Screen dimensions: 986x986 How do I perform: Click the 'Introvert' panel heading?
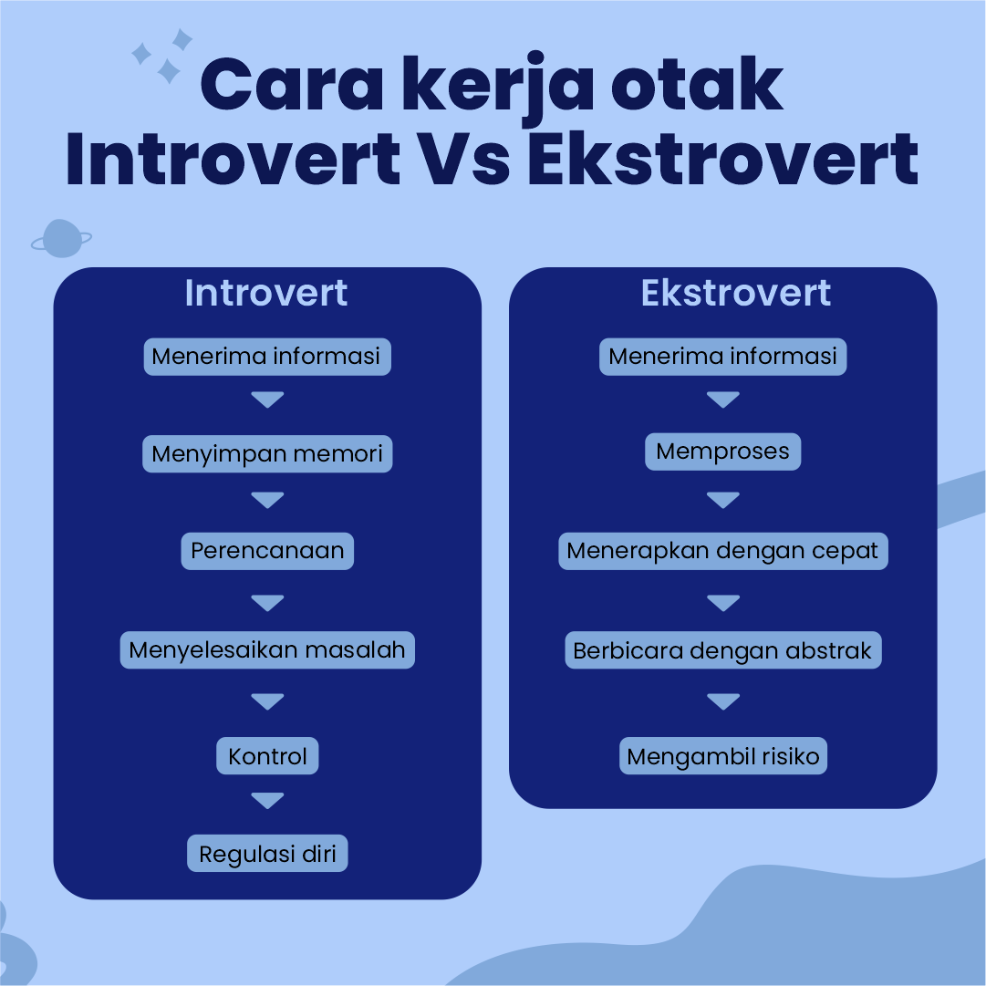pyautogui.click(x=266, y=293)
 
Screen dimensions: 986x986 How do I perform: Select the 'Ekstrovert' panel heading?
pyautogui.click(x=736, y=293)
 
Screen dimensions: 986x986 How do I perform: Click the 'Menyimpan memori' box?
pyautogui.click(x=267, y=453)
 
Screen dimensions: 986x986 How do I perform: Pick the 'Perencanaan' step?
pyautogui.click(x=267, y=551)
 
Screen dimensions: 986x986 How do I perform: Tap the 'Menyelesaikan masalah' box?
pyautogui.click(x=267, y=649)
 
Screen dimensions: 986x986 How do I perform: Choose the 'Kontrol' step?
pyautogui.click(x=267, y=756)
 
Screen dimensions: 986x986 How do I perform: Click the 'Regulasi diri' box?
pyautogui.click(x=267, y=854)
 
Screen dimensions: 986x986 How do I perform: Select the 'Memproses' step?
pyautogui.click(x=723, y=451)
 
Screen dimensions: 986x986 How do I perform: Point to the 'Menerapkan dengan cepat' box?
pyautogui.click(x=723, y=551)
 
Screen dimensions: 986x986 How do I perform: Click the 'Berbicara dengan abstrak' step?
pyautogui.click(x=723, y=649)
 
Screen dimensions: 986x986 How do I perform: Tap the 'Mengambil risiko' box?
pyautogui.click(x=723, y=756)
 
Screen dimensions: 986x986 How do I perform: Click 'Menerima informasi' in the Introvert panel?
pyautogui.click(x=267, y=357)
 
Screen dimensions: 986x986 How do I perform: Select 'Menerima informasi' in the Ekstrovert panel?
pyautogui.click(x=723, y=357)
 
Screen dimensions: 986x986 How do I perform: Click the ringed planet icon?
pyautogui.click(x=61, y=238)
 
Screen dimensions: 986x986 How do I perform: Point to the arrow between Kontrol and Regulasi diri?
pyautogui.click(x=267, y=800)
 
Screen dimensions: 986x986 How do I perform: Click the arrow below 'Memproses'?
pyautogui.click(x=723, y=499)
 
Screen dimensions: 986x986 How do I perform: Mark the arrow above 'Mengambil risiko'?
pyautogui.click(x=723, y=701)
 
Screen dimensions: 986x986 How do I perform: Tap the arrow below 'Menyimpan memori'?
pyautogui.click(x=267, y=499)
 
